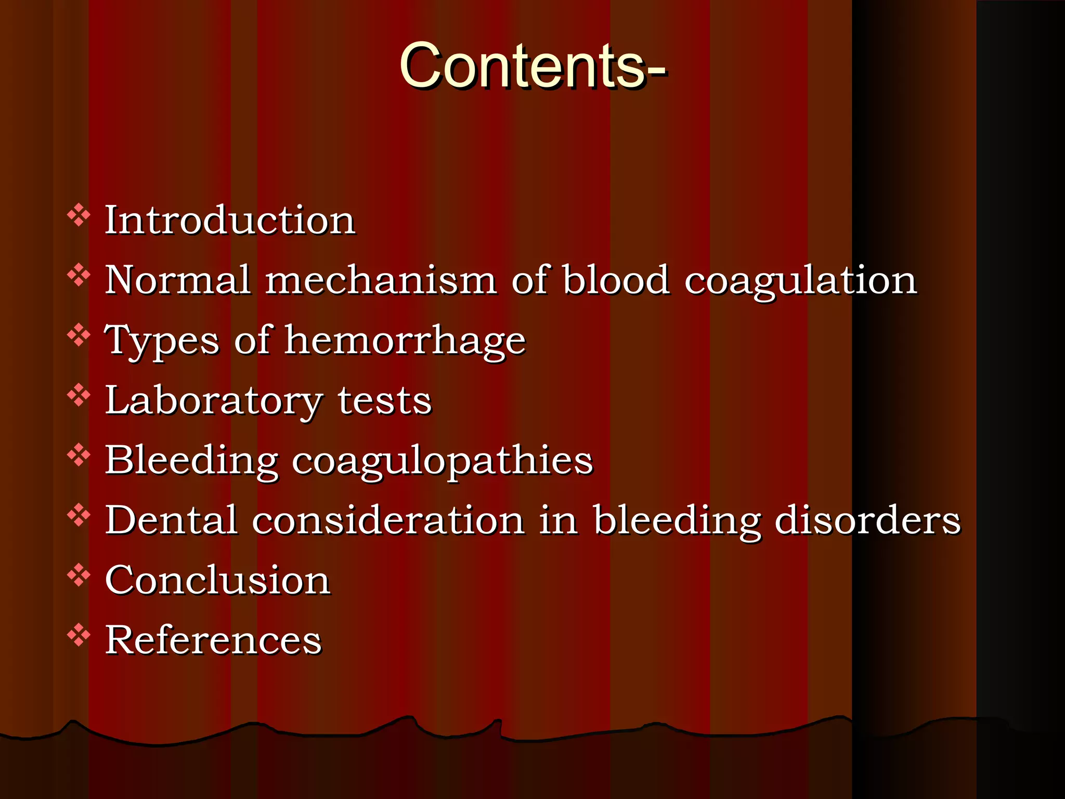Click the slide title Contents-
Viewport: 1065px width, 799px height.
point(532,67)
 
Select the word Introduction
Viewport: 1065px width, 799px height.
point(230,220)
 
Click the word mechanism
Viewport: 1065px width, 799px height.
point(381,280)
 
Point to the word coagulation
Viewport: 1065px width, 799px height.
point(800,281)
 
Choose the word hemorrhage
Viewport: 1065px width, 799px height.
point(405,341)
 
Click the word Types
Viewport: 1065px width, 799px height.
point(162,341)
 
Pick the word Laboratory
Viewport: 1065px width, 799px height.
point(214,401)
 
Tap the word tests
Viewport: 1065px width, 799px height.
point(384,401)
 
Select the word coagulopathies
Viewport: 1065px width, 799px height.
point(442,461)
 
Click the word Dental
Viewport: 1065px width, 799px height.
point(172,520)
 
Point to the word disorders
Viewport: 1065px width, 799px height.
point(867,520)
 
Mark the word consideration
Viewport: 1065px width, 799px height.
point(388,520)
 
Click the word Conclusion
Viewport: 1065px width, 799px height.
point(217,580)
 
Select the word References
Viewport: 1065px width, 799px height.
point(213,640)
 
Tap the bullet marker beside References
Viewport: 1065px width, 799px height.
point(79,635)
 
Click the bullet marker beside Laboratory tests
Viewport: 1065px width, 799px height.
point(79,395)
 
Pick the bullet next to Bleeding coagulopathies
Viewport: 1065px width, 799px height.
point(79,455)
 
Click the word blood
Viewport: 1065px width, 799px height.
point(616,280)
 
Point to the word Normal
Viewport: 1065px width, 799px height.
point(178,280)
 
